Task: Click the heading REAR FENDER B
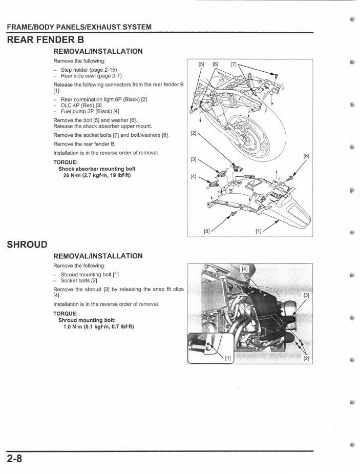[46, 40]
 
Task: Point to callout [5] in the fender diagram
[201, 64]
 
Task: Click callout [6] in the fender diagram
[215, 64]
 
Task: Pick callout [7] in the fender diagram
[234, 64]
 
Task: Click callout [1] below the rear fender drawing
[259, 231]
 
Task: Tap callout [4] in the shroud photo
[244, 269]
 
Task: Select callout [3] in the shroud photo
[306, 295]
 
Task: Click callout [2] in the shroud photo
[306, 358]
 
